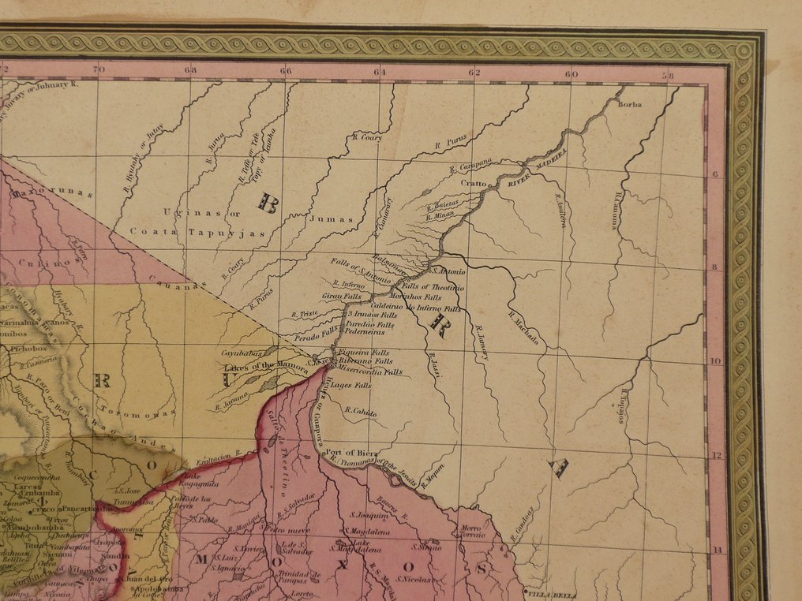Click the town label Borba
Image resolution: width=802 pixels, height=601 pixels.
(631, 105)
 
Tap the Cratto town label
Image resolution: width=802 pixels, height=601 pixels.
(474, 182)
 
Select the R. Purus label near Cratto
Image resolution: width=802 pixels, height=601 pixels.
(452, 143)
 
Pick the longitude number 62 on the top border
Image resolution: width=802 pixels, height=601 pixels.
(474, 73)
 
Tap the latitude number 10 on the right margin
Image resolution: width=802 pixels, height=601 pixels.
(716, 361)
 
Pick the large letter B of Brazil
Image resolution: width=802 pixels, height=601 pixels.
(268, 204)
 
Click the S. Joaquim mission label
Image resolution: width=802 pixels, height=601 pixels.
(367, 515)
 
